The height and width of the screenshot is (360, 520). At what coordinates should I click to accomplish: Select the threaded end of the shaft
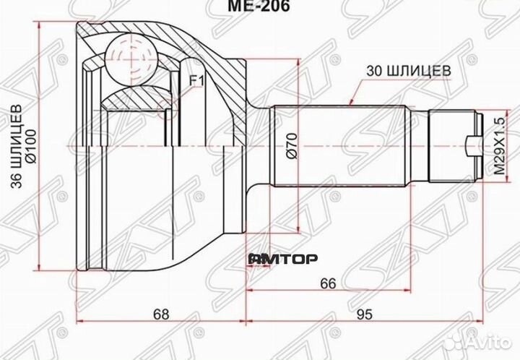click(454, 147)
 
